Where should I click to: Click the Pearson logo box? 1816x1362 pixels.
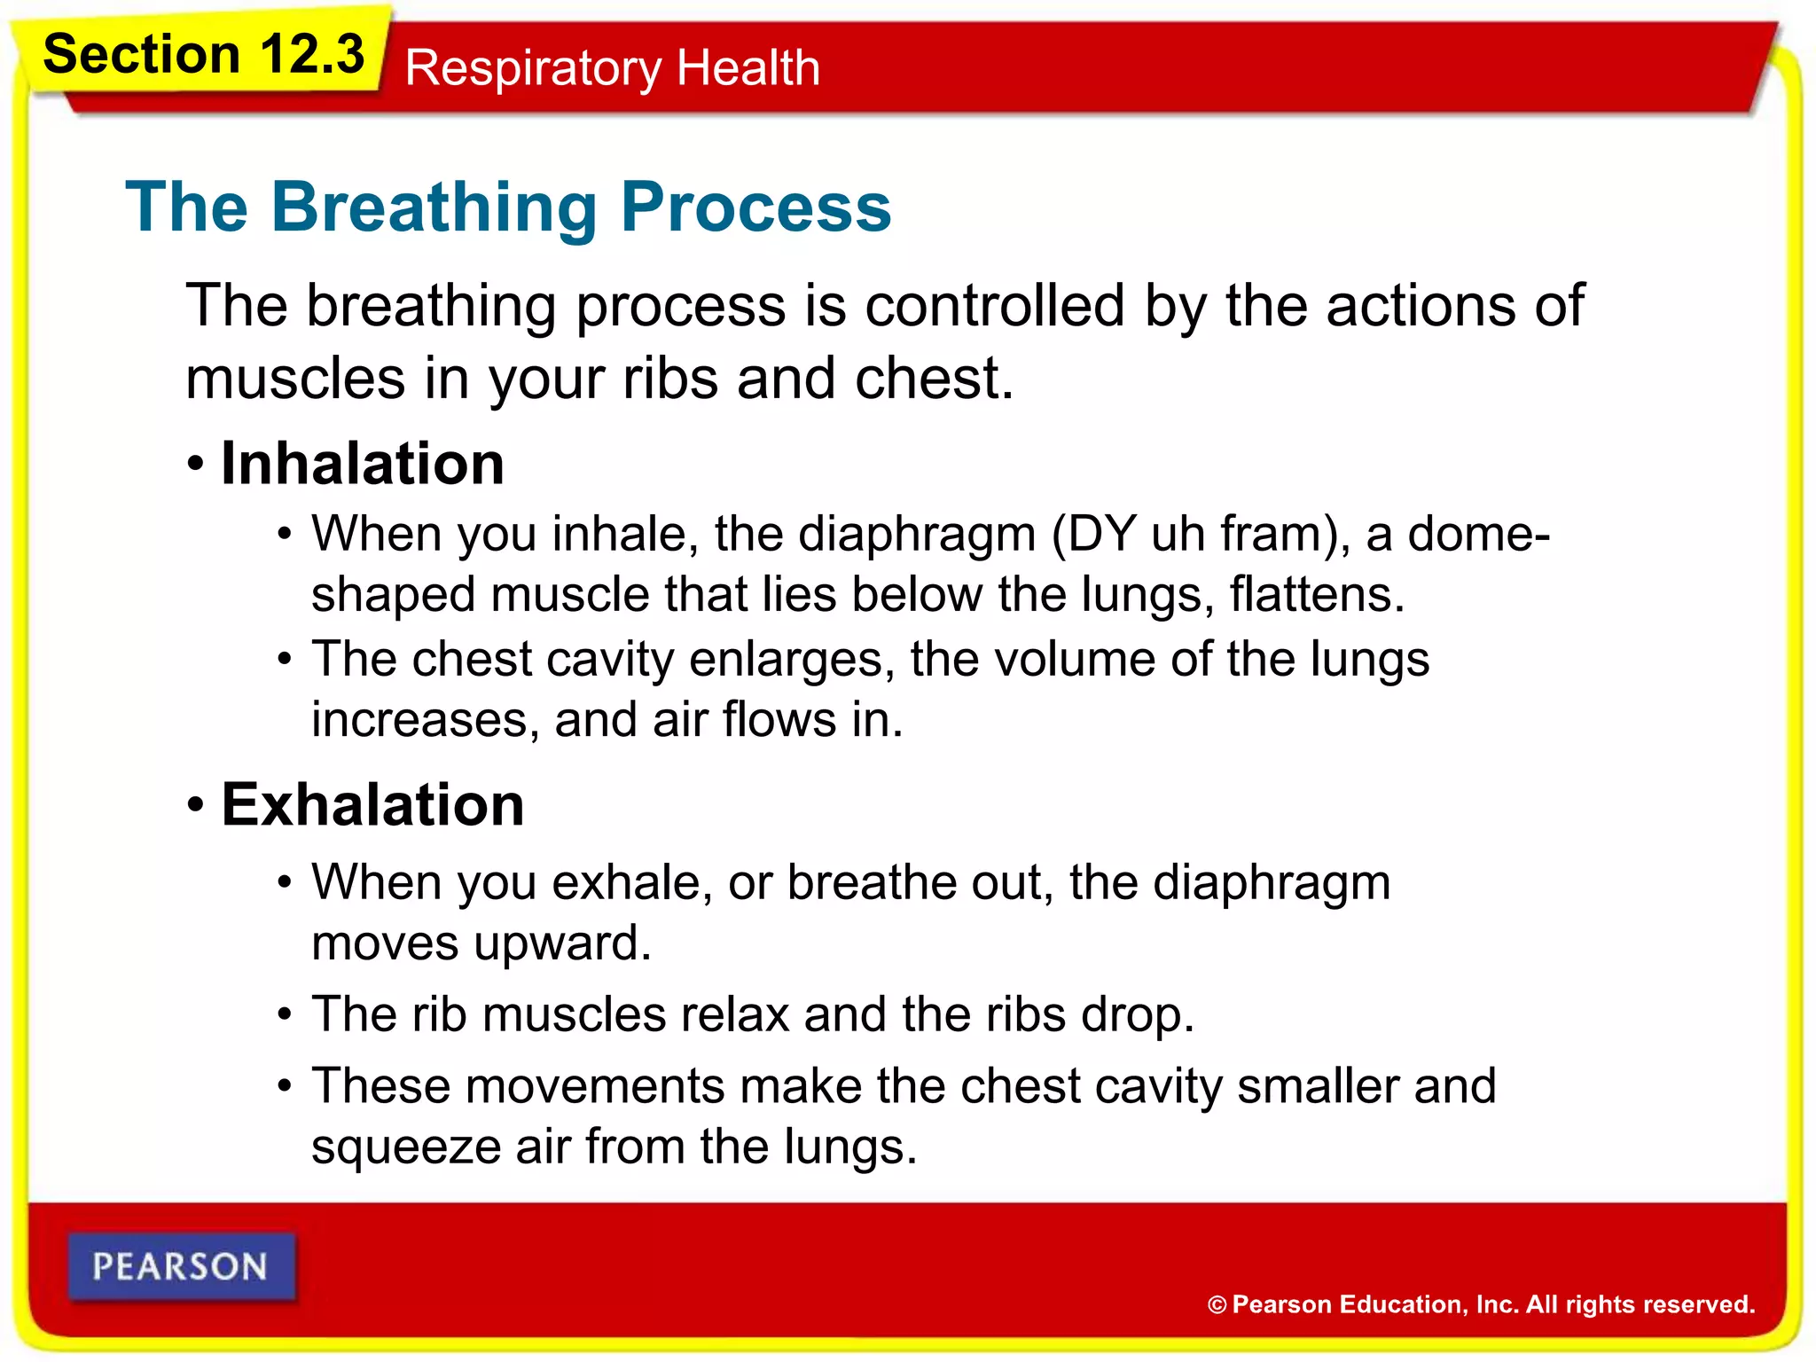[181, 1266]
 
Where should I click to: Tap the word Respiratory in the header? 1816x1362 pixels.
[533, 69]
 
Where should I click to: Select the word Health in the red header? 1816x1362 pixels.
[748, 67]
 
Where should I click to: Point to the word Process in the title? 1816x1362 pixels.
[755, 207]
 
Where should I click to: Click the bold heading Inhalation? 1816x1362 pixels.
[363, 464]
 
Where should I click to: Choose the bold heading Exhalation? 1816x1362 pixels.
[372, 805]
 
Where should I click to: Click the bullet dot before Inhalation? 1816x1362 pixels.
[196, 464]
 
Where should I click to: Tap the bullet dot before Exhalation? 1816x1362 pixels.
[196, 805]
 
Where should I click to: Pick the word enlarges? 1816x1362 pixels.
[791, 661]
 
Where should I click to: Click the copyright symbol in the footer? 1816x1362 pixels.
[1217, 1305]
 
